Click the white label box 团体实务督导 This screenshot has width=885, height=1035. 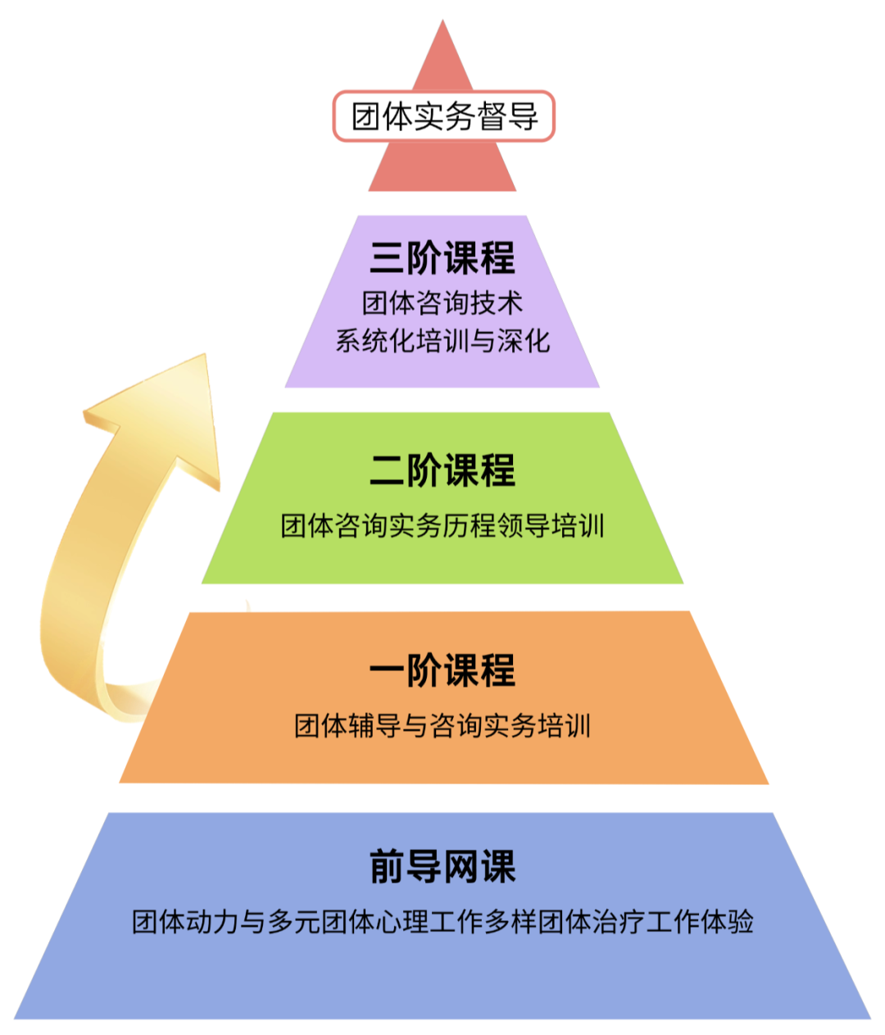[x=443, y=116]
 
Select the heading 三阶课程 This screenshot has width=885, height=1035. [x=442, y=258]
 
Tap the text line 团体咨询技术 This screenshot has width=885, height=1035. [x=442, y=303]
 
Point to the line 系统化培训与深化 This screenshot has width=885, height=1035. [x=442, y=341]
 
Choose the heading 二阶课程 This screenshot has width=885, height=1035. [x=442, y=470]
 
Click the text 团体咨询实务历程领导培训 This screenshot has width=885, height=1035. [x=442, y=525]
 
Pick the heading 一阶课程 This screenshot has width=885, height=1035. [x=442, y=670]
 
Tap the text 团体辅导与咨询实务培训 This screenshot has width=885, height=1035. [x=442, y=725]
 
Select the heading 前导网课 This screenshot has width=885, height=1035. [x=442, y=867]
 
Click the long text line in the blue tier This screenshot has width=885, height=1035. [x=442, y=922]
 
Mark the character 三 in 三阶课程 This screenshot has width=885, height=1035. [x=388, y=258]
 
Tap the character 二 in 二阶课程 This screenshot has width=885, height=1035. [x=388, y=470]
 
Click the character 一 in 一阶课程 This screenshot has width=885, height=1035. [x=388, y=670]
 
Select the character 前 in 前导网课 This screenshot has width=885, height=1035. [x=388, y=867]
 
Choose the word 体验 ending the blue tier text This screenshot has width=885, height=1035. [x=726, y=922]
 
